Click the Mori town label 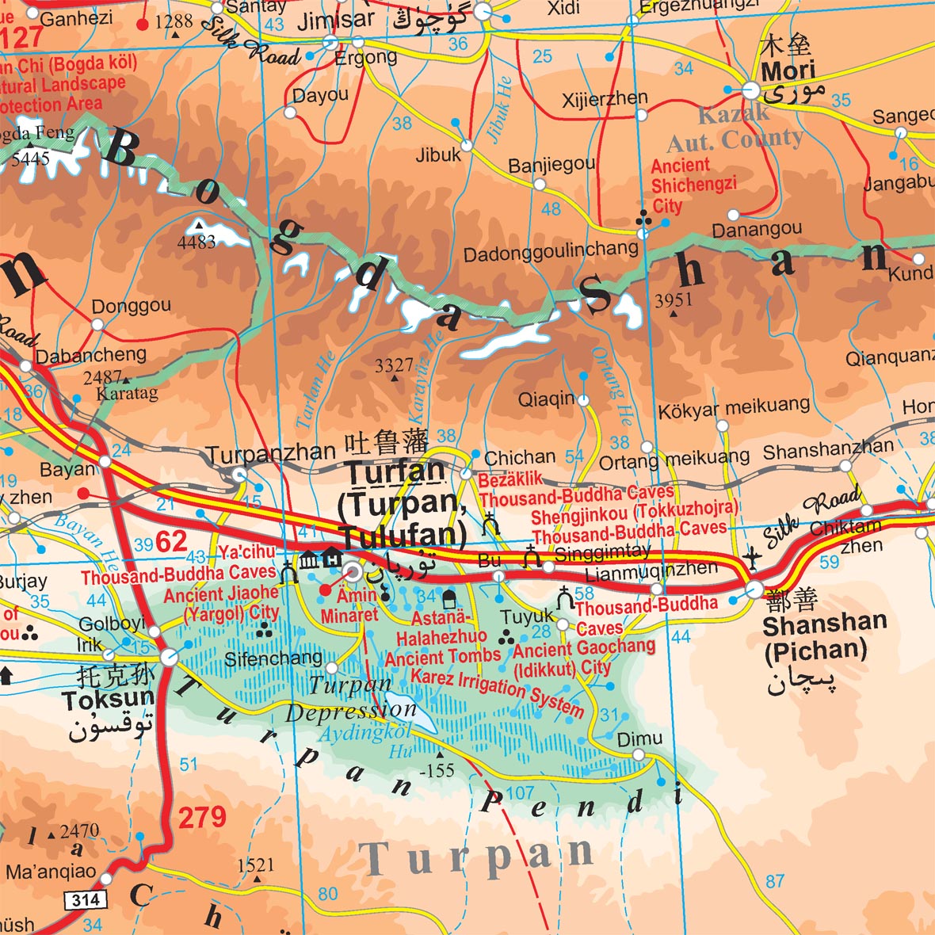[788, 71]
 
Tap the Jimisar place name [336, 21]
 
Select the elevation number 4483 [197, 242]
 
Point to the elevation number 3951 [674, 300]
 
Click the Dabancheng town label [91, 354]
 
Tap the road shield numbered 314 [85, 899]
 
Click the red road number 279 [202, 817]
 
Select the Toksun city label [108, 700]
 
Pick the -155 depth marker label [437, 769]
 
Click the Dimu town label [639, 738]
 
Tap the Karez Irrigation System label [497, 693]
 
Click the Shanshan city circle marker [754, 590]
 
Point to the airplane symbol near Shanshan [752, 559]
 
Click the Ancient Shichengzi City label [693, 185]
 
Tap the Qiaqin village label [546, 399]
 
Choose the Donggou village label [132, 306]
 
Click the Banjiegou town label [551, 165]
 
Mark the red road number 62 [171, 542]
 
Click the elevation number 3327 [394, 365]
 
